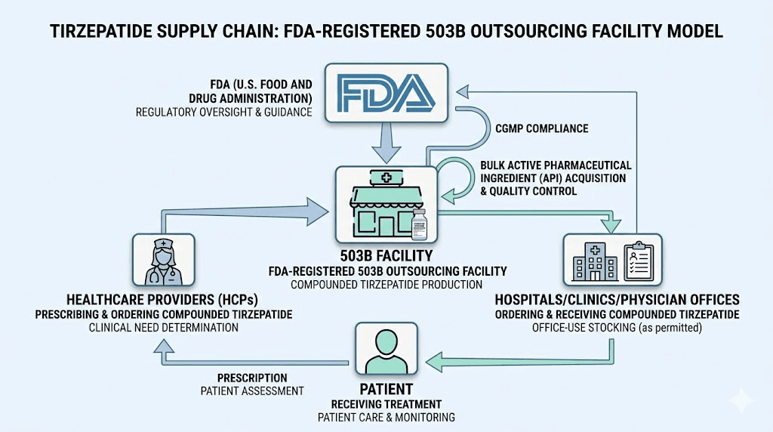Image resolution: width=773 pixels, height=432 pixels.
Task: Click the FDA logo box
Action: tap(386, 93)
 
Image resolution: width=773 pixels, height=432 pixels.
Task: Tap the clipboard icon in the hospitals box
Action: tap(639, 261)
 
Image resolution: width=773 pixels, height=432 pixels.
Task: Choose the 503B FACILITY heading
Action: tap(386, 256)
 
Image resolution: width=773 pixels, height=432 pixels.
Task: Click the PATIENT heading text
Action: tap(386, 389)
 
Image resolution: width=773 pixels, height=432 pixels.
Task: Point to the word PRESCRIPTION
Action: tap(252, 378)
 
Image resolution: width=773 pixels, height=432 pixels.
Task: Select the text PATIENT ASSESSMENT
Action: tap(252, 390)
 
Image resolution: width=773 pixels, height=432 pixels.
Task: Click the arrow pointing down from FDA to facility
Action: tap(386, 142)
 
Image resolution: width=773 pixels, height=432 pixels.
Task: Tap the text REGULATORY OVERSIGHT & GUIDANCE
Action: tap(225, 113)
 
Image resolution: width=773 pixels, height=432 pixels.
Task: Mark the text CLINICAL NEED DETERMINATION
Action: tap(164, 328)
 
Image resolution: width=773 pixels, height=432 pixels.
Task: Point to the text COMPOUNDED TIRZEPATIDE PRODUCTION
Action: tap(386, 285)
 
